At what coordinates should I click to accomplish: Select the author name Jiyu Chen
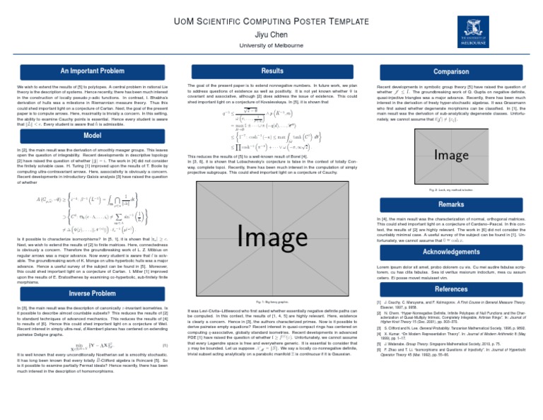(271, 33)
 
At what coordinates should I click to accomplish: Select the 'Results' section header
(272, 72)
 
